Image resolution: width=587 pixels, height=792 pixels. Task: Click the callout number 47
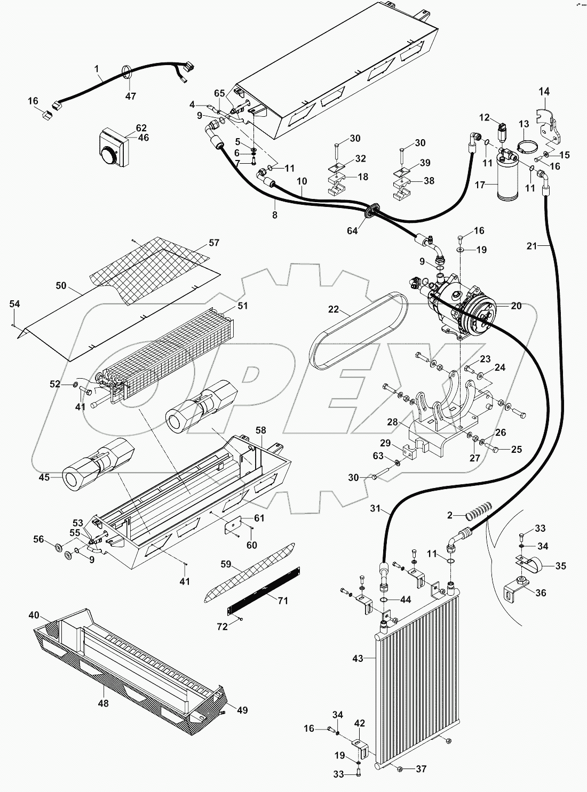coord(131,96)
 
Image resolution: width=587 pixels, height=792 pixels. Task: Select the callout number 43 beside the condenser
coord(358,659)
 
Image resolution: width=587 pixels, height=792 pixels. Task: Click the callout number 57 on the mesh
coord(213,243)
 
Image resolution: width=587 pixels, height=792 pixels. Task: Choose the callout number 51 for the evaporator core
coord(243,306)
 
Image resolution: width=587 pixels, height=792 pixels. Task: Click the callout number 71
coord(283,601)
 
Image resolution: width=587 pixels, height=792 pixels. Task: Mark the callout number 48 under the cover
coord(103,703)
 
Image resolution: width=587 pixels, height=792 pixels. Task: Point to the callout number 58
coord(260,430)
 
